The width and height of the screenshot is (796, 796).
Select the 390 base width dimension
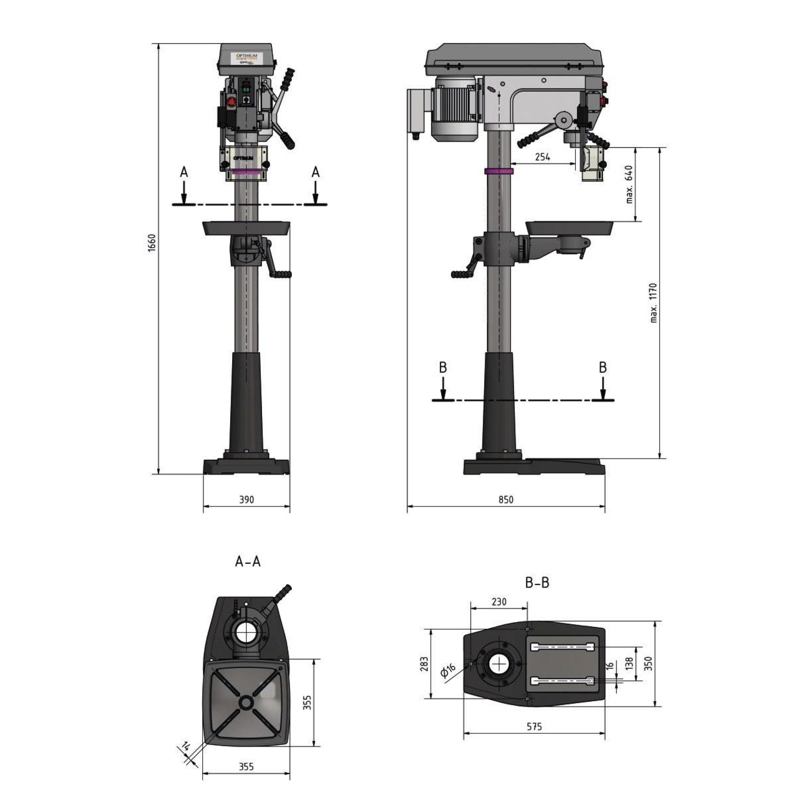point(246,500)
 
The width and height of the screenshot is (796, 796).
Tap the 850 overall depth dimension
point(506,500)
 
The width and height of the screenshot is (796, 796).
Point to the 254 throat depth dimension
point(542,157)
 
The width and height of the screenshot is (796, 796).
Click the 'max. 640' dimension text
point(629,184)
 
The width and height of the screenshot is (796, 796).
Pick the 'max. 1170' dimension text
point(654,303)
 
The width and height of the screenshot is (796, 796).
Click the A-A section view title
point(248,561)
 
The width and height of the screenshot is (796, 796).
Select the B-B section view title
point(537,582)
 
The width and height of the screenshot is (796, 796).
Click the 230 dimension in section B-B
point(499,602)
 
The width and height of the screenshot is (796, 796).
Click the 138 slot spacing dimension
point(629,663)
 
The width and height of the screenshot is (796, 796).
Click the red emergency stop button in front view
point(231,102)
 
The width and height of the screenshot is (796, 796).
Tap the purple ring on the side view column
point(499,172)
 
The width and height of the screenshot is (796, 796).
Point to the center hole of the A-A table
point(246,702)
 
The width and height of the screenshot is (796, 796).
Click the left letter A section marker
point(184,172)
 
